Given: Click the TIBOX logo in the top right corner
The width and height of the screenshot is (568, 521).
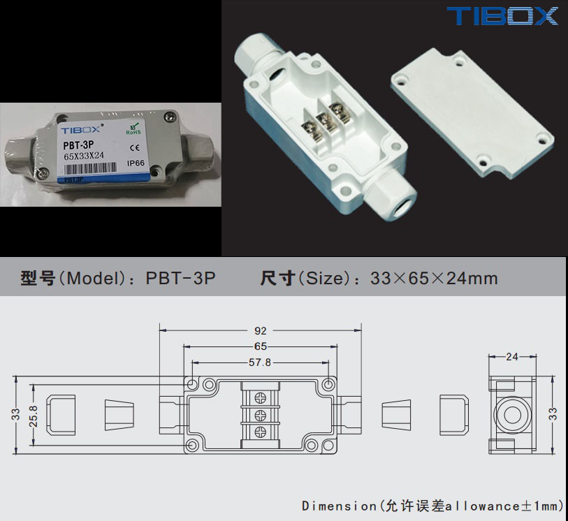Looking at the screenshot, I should tap(502, 15).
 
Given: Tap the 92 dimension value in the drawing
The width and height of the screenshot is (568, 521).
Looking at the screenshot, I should tap(260, 331).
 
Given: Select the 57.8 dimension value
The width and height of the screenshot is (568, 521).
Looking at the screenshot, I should tap(260, 362).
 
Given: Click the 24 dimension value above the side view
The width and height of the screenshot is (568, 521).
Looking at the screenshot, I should tap(512, 357).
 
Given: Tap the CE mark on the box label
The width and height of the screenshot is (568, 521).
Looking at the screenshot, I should tap(135, 147).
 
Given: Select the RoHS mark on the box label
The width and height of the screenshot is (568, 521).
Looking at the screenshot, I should tap(133, 129).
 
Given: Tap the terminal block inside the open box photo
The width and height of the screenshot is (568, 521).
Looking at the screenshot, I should tap(322, 124).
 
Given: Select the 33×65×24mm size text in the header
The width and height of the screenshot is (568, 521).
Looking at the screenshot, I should tap(434, 279).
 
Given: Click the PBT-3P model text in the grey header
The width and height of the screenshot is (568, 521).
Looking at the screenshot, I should tap(180, 279).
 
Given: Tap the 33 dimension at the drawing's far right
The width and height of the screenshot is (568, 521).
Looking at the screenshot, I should tap(554, 413).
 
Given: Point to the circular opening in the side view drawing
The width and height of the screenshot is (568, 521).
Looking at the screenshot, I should tap(512, 414).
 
